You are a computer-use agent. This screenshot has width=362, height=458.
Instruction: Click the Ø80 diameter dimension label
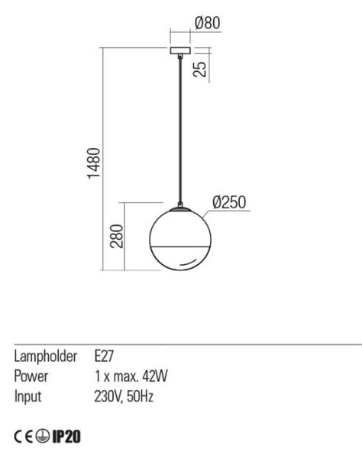click(x=207, y=23)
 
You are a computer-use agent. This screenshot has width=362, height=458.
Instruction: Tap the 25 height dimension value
click(x=200, y=69)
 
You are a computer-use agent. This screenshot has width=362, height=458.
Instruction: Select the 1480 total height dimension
click(x=94, y=163)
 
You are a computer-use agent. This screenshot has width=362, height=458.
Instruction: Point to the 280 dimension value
click(x=117, y=237)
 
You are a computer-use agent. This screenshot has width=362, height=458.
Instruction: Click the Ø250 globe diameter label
click(x=229, y=202)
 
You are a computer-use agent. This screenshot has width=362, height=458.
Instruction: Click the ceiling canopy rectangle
click(x=180, y=50)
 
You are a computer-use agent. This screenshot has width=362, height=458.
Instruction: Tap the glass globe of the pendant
click(x=180, y=239)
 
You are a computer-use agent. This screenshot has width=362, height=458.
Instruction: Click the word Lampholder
click(x=46, y=356)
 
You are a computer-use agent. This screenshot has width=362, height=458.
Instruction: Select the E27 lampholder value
click(x=104, y=356)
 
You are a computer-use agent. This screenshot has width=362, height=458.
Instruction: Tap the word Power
click(x=31, y=376)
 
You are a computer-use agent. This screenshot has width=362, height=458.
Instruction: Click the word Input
click(x=27, y=397)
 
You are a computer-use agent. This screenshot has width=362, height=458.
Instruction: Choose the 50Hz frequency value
click(x=140, y=397)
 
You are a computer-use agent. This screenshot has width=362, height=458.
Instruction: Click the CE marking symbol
click(x=24, y=437)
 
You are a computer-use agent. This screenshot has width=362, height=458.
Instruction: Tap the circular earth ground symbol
click(x=43, y=437)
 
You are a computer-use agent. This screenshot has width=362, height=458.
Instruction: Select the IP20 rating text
click(x=66, y=437)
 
